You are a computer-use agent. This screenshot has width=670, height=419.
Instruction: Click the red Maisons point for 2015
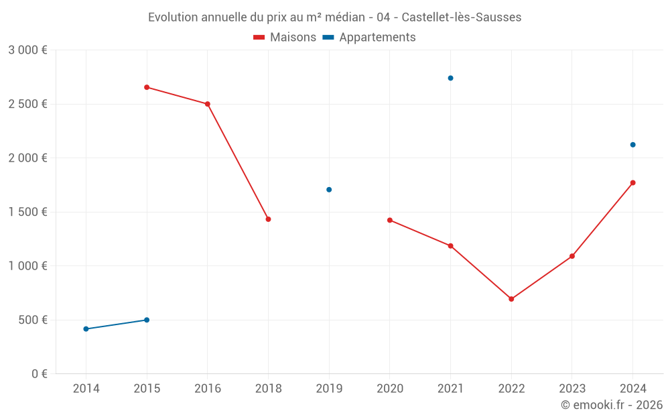[x=147, y=87]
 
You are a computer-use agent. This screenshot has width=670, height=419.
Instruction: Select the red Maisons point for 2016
[x=208, y=104]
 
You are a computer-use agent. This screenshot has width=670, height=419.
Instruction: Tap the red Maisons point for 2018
[x=268, y=219]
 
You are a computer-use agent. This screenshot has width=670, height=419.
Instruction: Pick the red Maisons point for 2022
[x=511, y=299]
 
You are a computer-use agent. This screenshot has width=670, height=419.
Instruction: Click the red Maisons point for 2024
[x=632, y=182]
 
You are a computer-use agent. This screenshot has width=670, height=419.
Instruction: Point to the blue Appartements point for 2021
[x=450, y=78]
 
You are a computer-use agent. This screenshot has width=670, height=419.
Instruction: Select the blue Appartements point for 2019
[x=329, y=190]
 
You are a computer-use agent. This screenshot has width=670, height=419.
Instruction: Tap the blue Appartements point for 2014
[x=86, y=329]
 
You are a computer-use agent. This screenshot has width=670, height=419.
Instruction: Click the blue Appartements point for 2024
[x=632, y=145]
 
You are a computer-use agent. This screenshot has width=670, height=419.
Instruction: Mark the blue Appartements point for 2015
[x=147, y=320]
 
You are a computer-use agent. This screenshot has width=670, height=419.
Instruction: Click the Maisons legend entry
[x=285, y=38]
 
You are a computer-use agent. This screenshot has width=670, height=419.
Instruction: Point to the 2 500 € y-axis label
[x=27, y=104]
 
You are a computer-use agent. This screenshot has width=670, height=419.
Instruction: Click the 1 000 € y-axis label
[x=27, y=266]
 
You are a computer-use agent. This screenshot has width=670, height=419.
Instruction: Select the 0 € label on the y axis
[x=38, y=374]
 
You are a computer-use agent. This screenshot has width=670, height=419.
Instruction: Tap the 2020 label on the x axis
[x=389, y=389]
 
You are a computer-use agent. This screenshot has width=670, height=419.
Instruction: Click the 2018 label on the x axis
[x=268, y=389]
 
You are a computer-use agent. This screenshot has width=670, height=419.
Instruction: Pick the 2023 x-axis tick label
[x=572, y=389]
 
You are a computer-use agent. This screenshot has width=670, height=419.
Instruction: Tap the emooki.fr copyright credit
[x=611, y=405]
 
